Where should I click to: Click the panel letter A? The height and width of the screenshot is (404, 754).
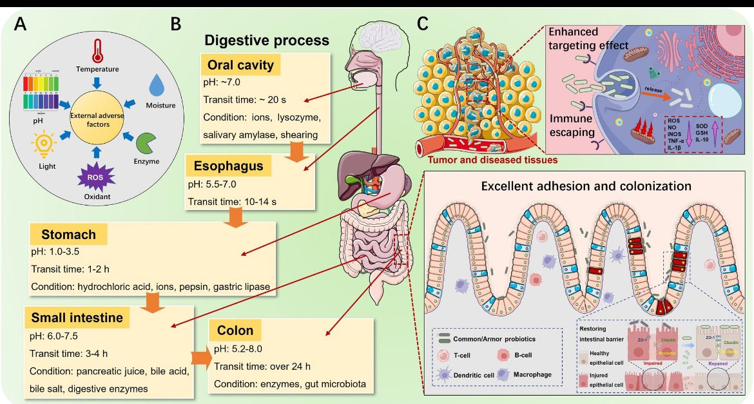21,25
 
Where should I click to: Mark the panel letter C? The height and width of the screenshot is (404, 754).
423,24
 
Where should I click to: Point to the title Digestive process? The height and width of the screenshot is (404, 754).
267,40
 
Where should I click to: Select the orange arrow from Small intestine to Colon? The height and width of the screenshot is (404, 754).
201,358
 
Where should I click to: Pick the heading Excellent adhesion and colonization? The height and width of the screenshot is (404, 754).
586,186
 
